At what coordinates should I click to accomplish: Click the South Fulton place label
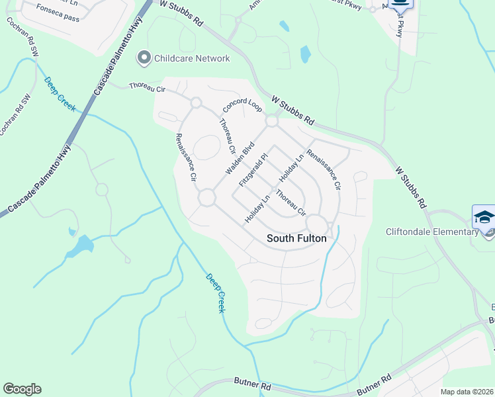tap(296, 238)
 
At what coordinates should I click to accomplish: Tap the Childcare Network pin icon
tap(144, 58)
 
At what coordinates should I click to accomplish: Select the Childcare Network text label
tap(192, 58)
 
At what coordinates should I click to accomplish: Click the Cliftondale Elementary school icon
tap(484, 218)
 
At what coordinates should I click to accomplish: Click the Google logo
tap(22, 389)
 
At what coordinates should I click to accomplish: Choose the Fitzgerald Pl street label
tap(253, 169)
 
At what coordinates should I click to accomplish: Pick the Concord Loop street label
tap(242, 106)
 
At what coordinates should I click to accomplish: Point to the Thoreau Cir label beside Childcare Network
tap(147, 87)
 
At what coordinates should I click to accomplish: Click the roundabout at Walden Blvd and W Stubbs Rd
tap(271, 121)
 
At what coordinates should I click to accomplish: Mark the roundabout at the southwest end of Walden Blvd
tap(206, 197)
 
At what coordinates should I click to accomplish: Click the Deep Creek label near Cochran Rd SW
tap(60, 95)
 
